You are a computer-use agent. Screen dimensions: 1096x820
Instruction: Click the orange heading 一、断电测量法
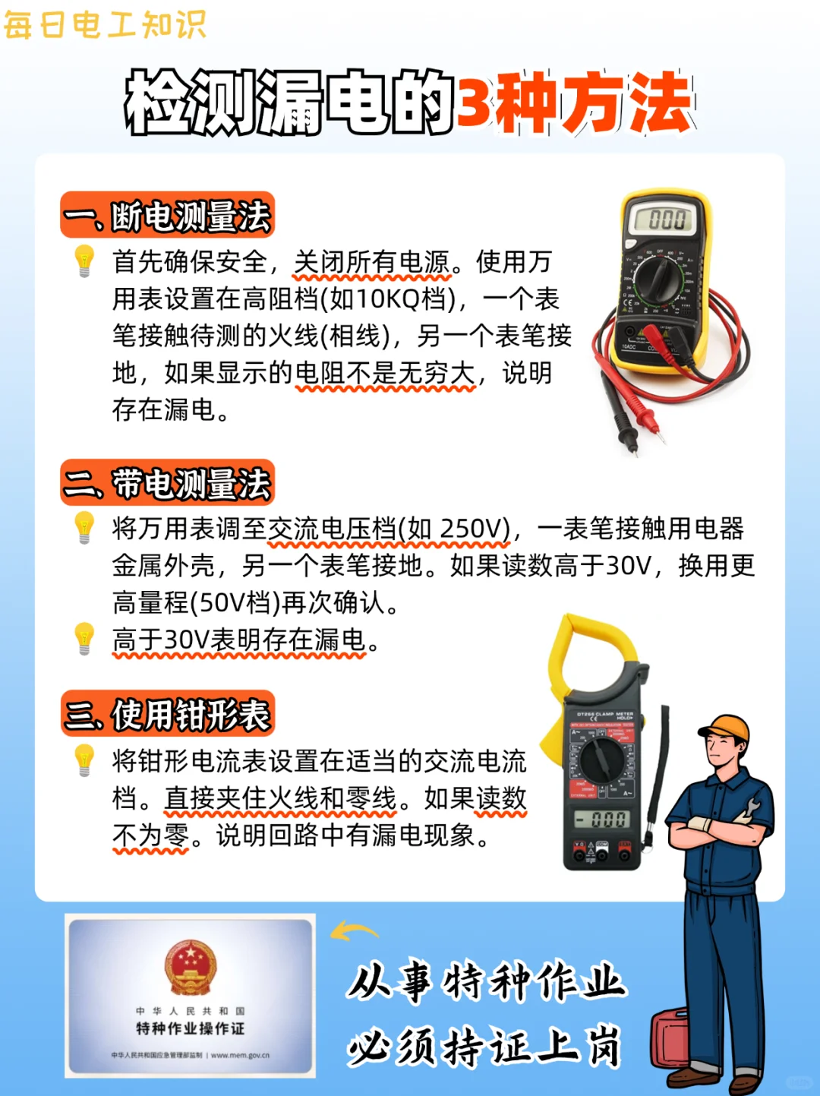[167, 216]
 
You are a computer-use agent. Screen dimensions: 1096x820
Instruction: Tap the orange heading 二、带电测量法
[167, 483]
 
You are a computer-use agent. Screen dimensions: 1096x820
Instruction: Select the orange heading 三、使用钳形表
[167, 714]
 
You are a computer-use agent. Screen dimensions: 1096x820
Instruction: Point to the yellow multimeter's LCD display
[667, 220]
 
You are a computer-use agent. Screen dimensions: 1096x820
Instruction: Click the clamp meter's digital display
[601, 819]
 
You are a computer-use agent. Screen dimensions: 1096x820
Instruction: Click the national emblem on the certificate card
[190, 966]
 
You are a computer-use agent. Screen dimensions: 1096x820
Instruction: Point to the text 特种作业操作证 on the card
[190, 1028]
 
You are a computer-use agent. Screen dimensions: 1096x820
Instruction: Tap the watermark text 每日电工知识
[105, 24]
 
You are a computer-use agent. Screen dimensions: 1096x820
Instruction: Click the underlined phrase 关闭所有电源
[372, 262]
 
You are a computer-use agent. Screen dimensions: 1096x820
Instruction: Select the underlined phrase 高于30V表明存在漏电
[239, 640]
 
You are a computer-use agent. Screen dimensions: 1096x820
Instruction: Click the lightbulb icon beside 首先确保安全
[84, 261]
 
